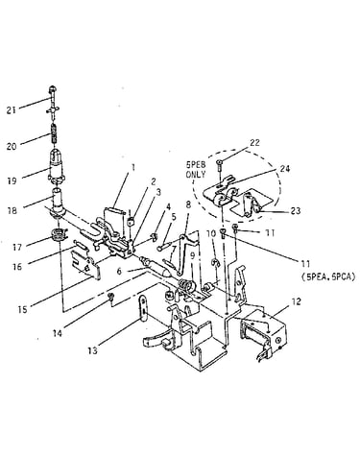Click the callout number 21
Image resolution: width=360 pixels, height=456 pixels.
[x=12, y=110]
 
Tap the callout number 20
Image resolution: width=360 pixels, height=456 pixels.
[x=12, y=147]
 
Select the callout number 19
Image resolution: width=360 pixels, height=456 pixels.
[x=12, y=181]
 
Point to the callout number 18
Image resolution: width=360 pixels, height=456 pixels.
[x=12, y=211]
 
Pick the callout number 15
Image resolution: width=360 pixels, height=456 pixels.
[x=22, y=309]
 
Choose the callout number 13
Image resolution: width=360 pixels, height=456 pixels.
[x=92, y=350]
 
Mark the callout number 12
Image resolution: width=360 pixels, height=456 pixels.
[x=296, y=301]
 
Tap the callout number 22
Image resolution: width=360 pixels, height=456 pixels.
[x=254, y=143]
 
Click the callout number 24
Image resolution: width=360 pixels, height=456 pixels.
[x=284, y=169]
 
